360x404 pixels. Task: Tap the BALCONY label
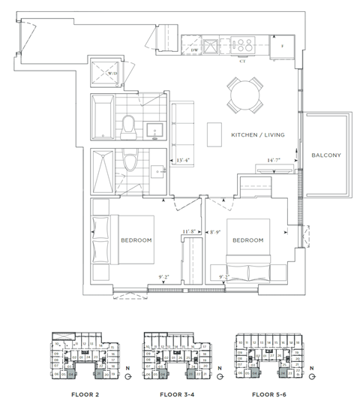tap(326, 155)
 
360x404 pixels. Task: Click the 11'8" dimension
tap(190, 232)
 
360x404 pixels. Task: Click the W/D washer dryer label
tap(112, 74)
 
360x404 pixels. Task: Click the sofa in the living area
tap(182, 124)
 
